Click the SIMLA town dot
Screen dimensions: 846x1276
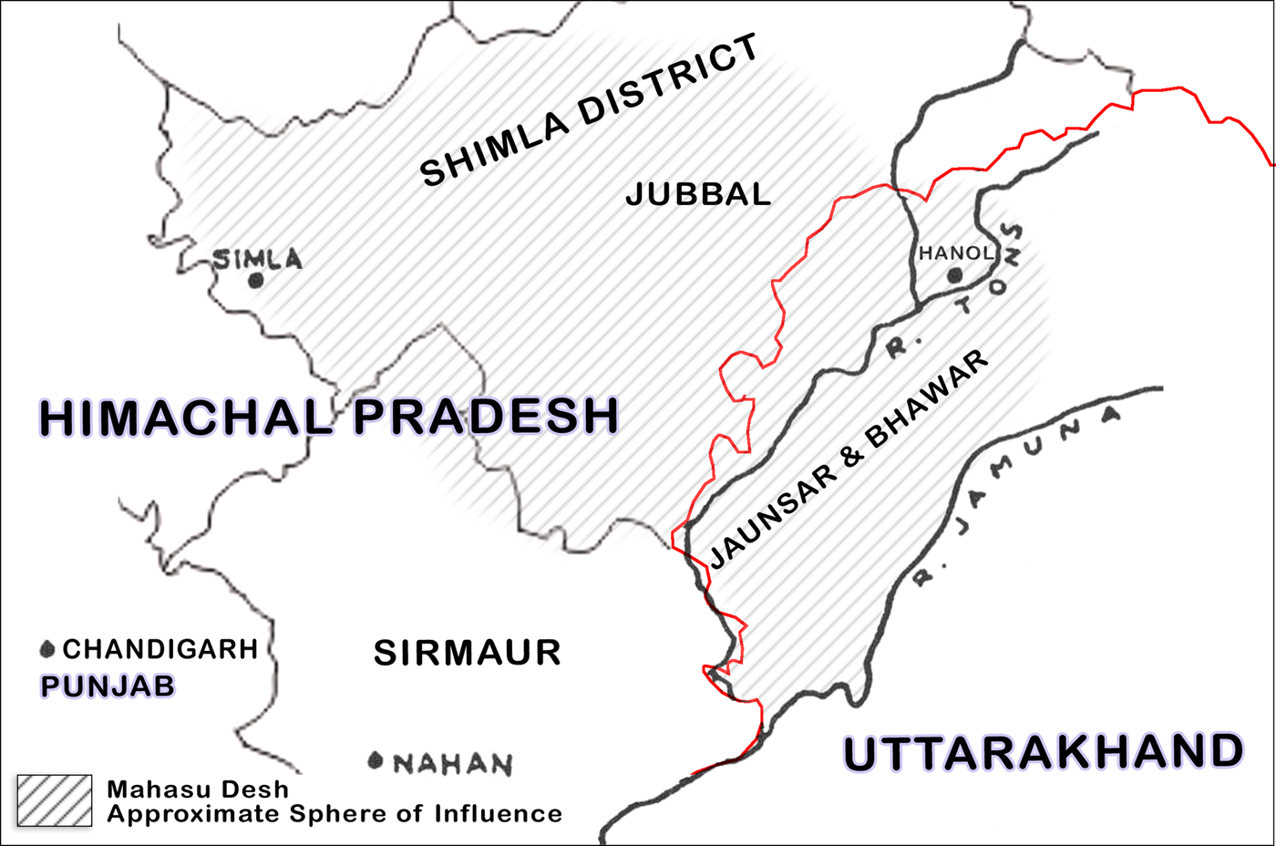[256, 281]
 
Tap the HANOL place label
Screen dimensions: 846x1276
[956, 253]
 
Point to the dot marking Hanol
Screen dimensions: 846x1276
[954, 275]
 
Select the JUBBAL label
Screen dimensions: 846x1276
[698, 194]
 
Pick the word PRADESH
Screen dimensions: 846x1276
[487, 416]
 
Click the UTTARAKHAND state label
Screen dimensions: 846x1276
[1043, 753]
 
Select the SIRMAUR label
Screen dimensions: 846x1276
[467, 653]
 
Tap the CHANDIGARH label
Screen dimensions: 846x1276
[160, 649]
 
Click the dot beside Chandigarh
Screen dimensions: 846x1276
[47, 649]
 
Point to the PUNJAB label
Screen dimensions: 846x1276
[108, 686]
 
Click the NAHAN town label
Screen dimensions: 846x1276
[453, 764]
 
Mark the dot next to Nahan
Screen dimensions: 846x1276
[375, 760]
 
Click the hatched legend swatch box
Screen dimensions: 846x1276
[55, 800]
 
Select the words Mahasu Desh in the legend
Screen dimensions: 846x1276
[198, 789]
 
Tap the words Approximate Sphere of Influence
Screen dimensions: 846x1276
[334, 813]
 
